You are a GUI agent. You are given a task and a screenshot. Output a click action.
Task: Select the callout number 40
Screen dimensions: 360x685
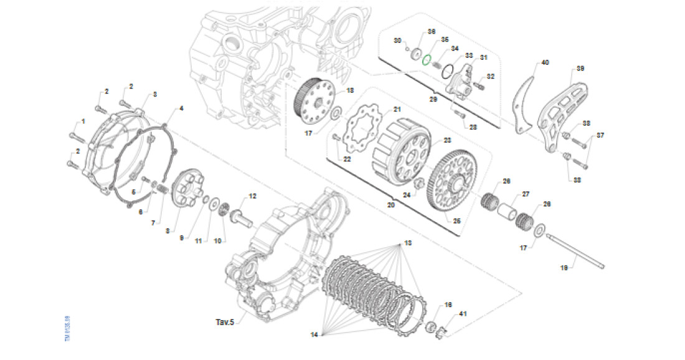click(x=545, y=63)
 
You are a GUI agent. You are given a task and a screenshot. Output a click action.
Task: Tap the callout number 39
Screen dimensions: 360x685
click(x=580, y=69)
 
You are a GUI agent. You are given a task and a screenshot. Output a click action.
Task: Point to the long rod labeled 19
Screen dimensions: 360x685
click(x=576, y=251)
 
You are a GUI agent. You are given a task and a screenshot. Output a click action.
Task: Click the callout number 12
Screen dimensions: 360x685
click(x=252, y=196)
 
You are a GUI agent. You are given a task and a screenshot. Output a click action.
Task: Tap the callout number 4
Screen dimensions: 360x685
click(x=181, y=108)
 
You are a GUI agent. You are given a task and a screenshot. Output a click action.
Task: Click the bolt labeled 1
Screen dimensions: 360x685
click(x=74, y=136)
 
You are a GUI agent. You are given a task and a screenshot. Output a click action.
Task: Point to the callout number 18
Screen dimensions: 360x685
click(x=349, y=90)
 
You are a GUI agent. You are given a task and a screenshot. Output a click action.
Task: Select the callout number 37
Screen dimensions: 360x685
click(x=600, y=135)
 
